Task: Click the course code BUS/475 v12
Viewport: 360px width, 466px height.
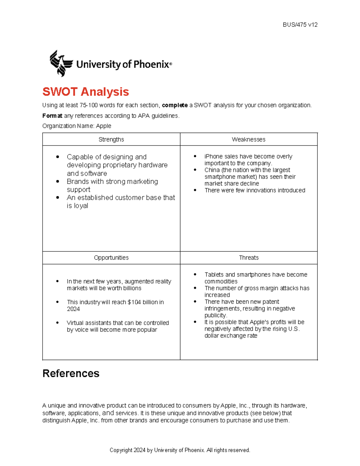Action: pyautogui.click(x=300, y=25)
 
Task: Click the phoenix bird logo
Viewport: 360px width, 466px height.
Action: pyautogui.click(x=61, y=63)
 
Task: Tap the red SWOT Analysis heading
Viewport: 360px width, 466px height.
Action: pyautogui.click(x=85, y=92)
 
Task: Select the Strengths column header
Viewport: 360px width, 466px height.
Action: pyautogui.click(x=111, y=140)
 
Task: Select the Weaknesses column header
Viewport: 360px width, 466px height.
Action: pyautogui.click(x=248, y=140)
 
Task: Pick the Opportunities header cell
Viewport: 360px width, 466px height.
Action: pyautogui.click(x=111, y=258)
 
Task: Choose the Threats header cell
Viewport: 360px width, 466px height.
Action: pyautogui.click(x=248, y=258)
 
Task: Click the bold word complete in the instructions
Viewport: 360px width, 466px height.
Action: pyautogui.click(x=175, y=105)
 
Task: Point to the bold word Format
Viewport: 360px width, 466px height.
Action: pyautogui.click(x=52, y=116)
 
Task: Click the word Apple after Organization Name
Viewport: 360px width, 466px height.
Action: pyautogui.click(x=103, y=126)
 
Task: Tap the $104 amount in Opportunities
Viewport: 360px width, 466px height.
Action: pyautogui.click(x=134, y=302)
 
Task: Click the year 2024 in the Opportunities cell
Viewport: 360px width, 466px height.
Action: pyautogui.click(x=73, y=309)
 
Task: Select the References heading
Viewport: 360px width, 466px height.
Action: pyautogui.click(x=71, y=374)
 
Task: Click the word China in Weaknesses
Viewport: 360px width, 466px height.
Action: pyautogui.click(x=212, y=170)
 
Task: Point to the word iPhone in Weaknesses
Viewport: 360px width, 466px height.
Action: pyautogui.click(x=214, y=157)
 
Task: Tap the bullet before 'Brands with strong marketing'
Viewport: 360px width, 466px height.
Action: pyautogui.click(x=58, y=182)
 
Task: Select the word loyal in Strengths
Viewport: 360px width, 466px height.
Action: pyautogui.click(x=81, y=206)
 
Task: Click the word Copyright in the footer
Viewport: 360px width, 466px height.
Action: pyautogui.click(x=121, y=450)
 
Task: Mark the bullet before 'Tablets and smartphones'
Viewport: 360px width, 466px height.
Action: pyautogui.click(x=195, y=275)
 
